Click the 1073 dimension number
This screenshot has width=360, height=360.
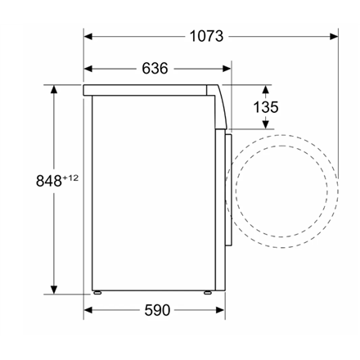tap(206, 36)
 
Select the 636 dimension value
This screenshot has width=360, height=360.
tap(155, 69)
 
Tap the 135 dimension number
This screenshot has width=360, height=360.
tap(266, 107)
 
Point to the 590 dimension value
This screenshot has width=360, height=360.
tap(157, 310)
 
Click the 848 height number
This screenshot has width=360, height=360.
tap(49, 181)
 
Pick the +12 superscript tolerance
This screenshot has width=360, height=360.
tap(70, 178)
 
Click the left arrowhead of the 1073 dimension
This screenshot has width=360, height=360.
tap(88, 36)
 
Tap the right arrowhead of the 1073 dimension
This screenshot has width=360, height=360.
tap(334, 36)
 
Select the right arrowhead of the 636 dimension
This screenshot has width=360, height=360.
tap(227, 69)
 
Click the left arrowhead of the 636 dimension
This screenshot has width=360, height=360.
tap(88, 69)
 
